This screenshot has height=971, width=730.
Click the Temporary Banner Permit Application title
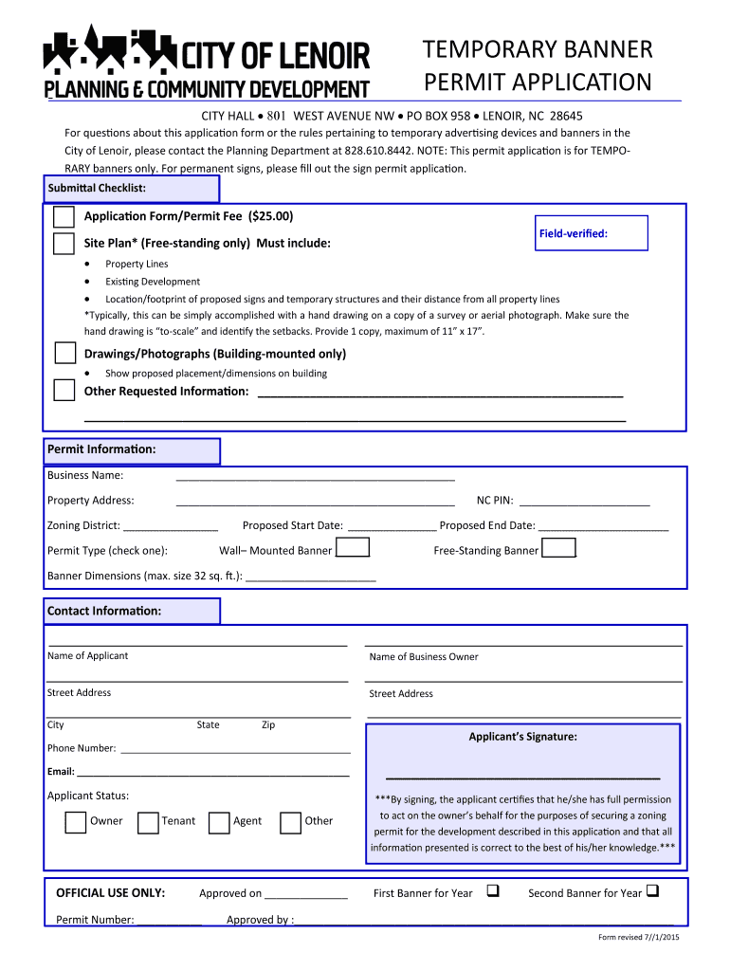538,65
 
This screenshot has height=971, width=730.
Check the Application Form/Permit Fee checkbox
64,216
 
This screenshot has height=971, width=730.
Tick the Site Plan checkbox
64,244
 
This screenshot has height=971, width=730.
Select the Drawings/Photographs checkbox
64,354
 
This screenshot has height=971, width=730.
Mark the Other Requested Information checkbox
64,391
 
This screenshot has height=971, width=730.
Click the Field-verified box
592,233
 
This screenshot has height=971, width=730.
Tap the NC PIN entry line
584,504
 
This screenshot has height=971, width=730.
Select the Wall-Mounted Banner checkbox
354,549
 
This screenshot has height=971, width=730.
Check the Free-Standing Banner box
558,549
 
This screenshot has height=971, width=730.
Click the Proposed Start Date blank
392,528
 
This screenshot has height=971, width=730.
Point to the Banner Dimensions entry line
311,578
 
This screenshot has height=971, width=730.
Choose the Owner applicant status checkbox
76,821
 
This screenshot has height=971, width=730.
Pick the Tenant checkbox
148,821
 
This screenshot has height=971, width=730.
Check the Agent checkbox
219,821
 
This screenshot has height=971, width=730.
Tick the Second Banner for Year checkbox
654,891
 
